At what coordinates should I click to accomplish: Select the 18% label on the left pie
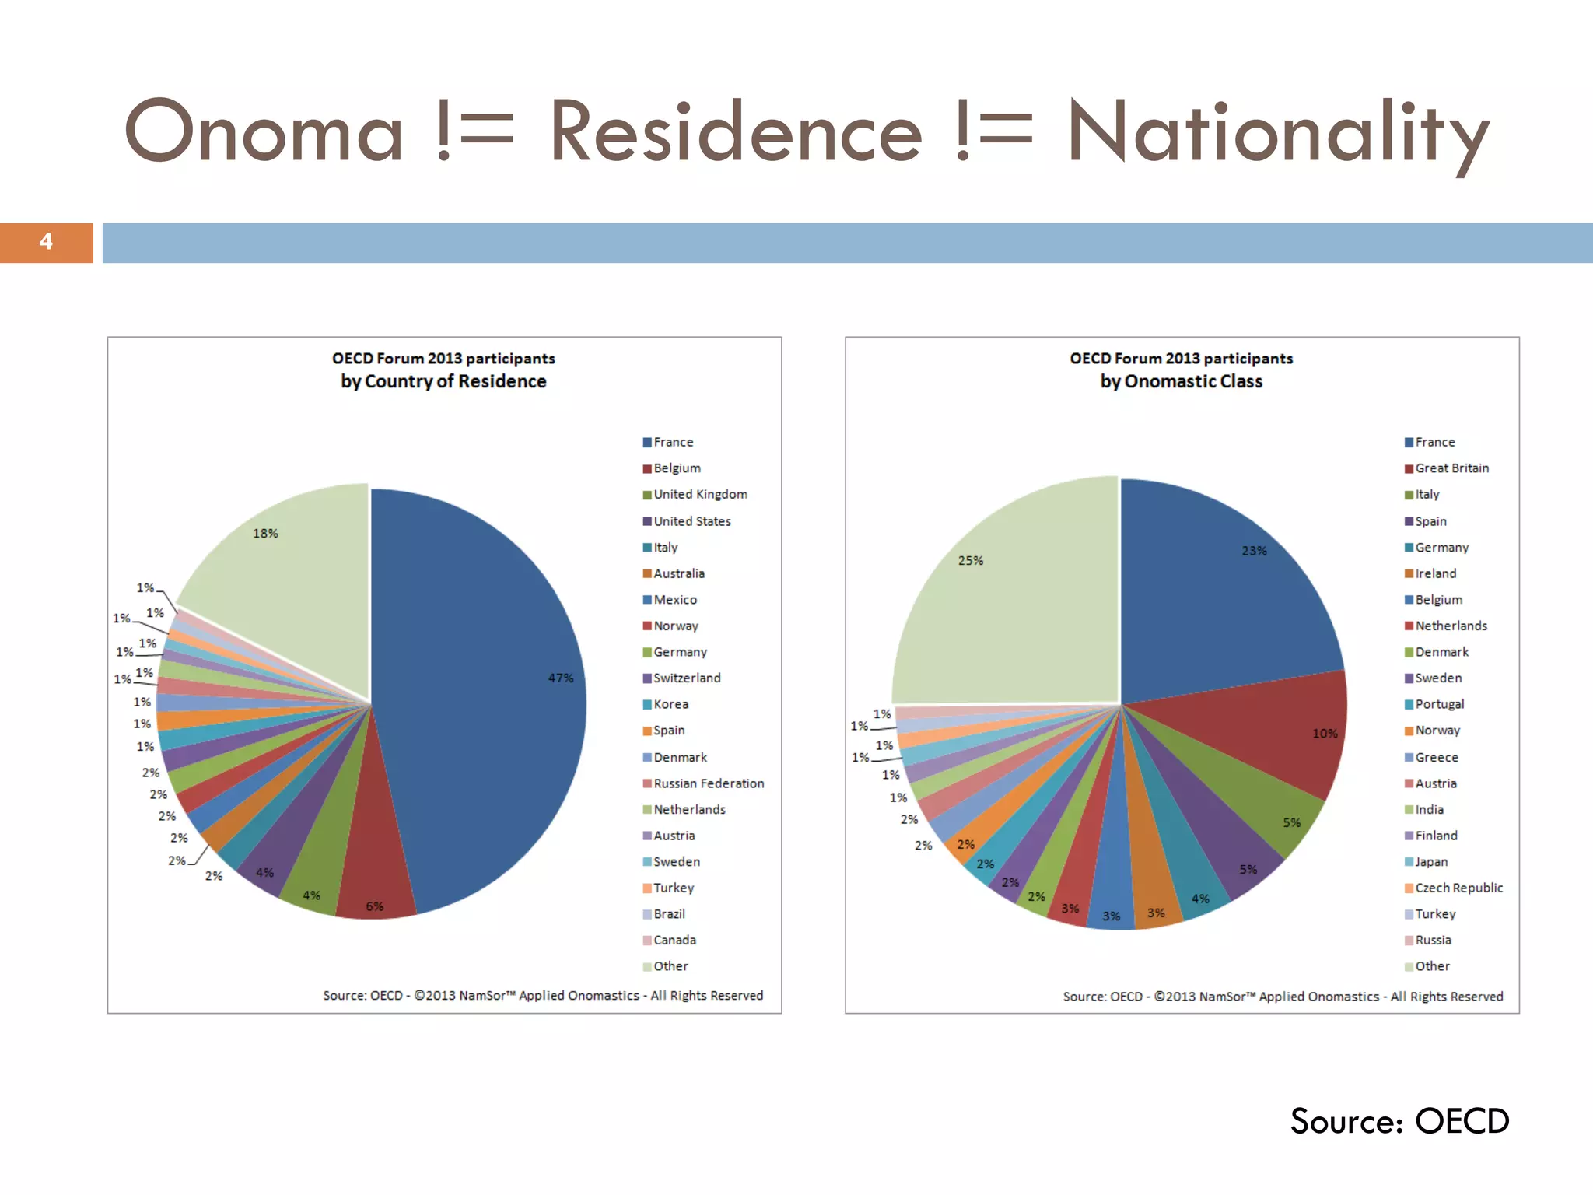click(265, 534)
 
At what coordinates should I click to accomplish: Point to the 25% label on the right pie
click(970, 561)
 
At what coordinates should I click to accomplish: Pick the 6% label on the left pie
click(374, 906)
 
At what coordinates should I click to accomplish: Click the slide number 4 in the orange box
click(46, 242)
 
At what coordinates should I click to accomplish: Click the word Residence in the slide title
click(735, 132)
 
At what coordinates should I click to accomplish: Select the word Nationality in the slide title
click(1277, 132)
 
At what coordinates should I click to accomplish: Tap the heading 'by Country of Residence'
click(443, 381)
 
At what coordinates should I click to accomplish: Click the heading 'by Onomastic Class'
click(1181, 381)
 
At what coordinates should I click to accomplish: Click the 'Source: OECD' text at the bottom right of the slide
click(1399, 1121)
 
